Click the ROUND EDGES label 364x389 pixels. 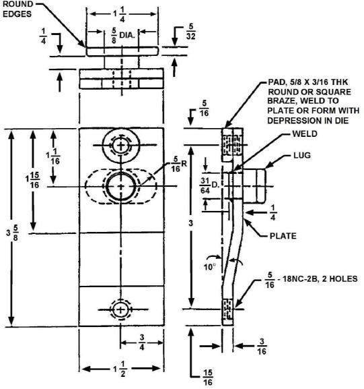coord(17,9)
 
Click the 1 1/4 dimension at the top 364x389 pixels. coord(120,14)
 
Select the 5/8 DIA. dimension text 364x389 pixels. coord(123,36)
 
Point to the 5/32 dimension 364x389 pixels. coord(190,32)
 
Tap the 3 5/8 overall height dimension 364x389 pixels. coord(13,233)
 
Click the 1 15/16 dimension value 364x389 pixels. coord(33,180)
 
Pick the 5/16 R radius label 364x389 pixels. coord(179,164)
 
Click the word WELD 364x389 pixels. coord(305,133)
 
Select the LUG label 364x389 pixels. coord(302,155)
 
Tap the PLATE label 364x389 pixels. coord(283,236)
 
